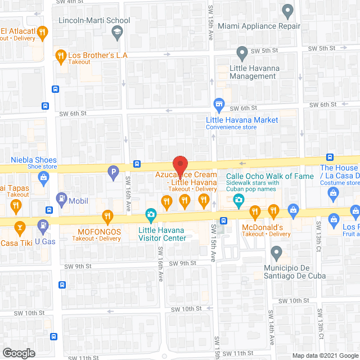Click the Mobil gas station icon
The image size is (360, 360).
tap(61, 198)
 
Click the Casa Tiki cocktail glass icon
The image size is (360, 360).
tap(20, 227)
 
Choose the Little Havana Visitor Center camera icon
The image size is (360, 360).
tap(151, 214)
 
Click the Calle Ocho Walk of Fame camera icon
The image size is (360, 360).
tap(239, 200)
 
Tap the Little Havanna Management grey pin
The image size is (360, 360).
tap(242, 54)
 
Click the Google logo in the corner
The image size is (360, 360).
tap(18, 353)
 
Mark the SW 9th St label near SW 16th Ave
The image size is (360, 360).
tap(183, 263)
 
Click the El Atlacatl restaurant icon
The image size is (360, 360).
tap(42, 34)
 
